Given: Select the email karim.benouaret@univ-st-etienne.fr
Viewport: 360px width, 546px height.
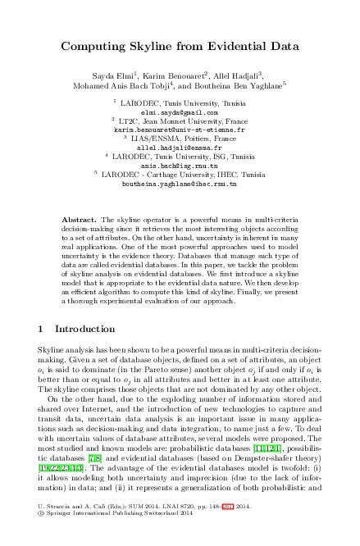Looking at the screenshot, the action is pyautogui.click(x=180, y=130).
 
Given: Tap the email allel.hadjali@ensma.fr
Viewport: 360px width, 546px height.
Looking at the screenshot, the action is pyautogui.click(x=180, y=148).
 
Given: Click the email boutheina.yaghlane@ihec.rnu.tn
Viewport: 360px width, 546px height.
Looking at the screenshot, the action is pyautogui.click(x=180, y=184).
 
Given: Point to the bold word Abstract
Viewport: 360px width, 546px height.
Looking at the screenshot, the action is pyautogui.click(x=80, y=221).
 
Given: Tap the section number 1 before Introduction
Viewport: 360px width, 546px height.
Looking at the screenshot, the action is pyautogui.click(x=42, y=329).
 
